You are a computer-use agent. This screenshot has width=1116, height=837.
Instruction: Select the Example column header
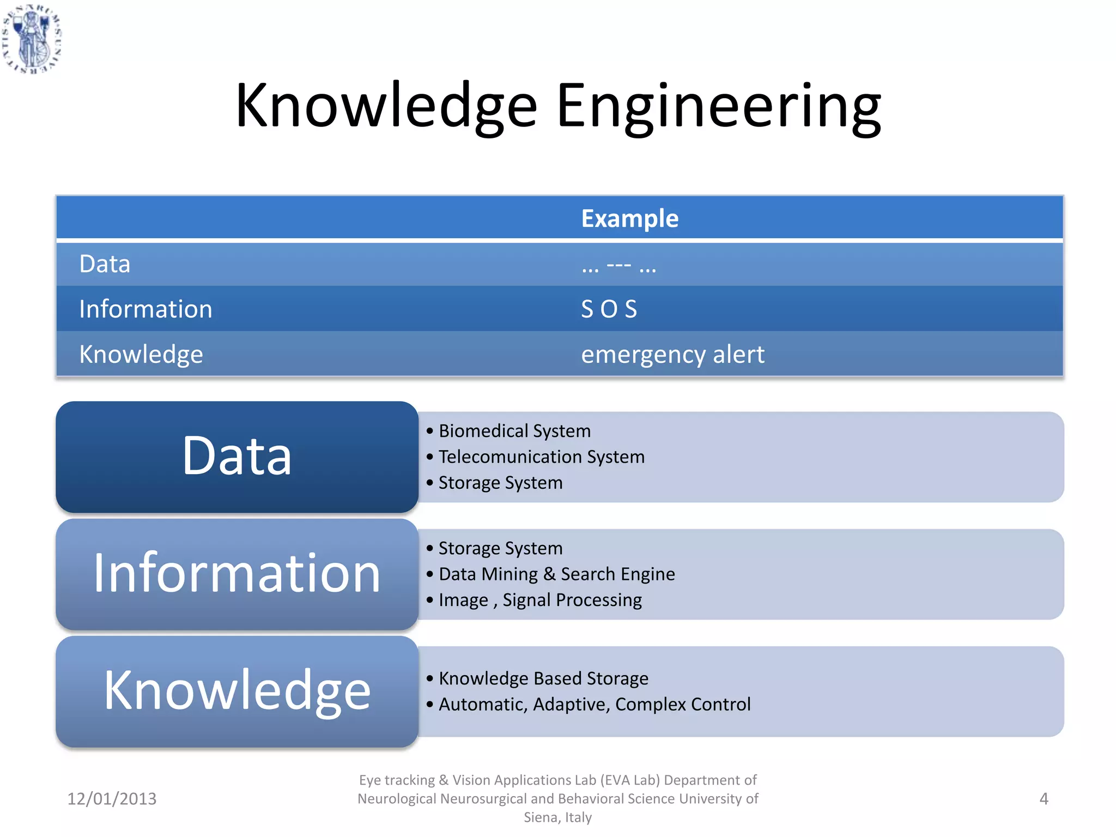pos(629,219)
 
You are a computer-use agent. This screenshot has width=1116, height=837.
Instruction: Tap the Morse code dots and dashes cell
pos(618,265)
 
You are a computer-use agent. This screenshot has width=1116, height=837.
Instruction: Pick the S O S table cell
pos(609,309)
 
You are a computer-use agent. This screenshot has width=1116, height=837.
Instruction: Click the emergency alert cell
pos(672,354)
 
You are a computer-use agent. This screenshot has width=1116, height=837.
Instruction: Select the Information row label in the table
pos(145,309)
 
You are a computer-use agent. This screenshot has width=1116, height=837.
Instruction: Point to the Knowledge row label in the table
pos(141,354)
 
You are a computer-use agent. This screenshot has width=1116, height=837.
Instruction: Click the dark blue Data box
pos(237,457)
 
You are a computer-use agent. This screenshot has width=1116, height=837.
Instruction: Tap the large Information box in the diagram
pos(237,574)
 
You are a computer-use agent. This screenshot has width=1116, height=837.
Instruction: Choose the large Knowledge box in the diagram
pos(237,691)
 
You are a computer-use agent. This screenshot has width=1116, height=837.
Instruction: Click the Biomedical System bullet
pos(514,431)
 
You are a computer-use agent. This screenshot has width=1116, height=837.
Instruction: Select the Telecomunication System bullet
pos(541,457)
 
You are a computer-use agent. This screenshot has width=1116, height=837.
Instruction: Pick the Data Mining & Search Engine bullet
pos(556,574)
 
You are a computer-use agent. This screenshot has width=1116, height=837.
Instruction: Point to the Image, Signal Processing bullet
pos(540,600)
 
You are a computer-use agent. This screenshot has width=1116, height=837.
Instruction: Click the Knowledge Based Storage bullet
pos(543,678)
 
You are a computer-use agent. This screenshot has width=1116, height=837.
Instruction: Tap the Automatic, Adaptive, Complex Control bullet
pos(595,704)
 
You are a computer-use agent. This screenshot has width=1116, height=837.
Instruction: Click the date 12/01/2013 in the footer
pos(112,799)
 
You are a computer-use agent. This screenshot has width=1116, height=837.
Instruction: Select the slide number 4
pos(1044,799)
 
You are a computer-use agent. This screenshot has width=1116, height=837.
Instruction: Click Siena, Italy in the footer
pos(557,817)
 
